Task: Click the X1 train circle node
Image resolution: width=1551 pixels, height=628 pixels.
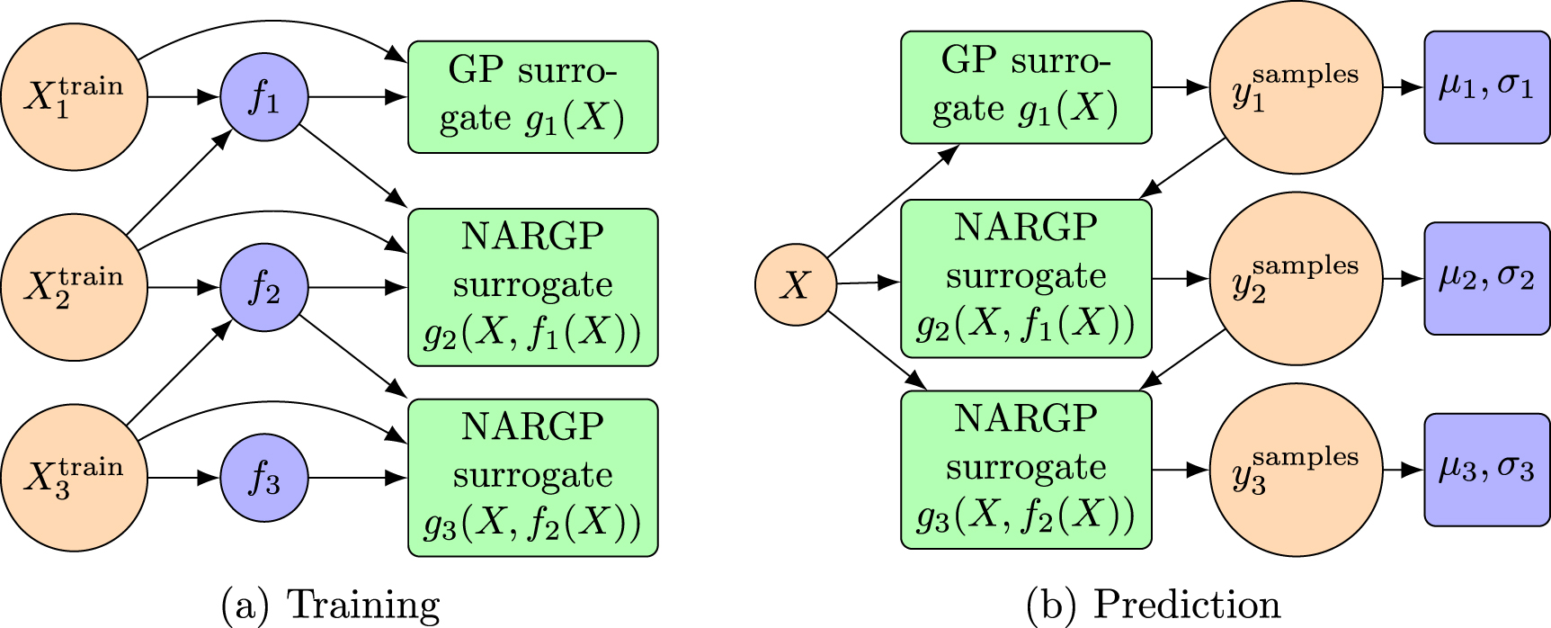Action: coord(74,96)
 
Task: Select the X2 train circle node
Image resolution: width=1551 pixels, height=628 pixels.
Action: coord(74,287)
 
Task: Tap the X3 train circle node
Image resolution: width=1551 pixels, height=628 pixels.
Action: coord(74,478)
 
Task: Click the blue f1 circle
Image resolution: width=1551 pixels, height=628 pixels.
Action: coord(264,96)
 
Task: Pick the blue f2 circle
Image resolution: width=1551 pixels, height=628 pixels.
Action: coord(264,287)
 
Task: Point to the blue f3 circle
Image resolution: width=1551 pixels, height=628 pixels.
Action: coord(264,478)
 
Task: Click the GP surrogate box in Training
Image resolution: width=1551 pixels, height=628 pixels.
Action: coord(533,96)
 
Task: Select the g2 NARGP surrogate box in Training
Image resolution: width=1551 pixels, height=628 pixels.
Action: coord(533,287)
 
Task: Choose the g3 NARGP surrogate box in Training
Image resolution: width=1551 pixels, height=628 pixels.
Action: coord(533,478)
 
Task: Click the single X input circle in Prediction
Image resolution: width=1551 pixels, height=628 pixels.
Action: coord(796,285)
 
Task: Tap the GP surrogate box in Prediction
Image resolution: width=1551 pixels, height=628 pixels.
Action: coord(1026,87)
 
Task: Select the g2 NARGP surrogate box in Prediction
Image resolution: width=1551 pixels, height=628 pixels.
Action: coord(1026,279)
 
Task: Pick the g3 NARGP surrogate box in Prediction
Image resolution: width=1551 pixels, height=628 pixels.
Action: coord(1026,469)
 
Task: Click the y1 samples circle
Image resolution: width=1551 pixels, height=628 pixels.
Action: coord(1296,87)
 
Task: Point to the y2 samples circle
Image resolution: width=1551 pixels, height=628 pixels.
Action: coord(1296,279)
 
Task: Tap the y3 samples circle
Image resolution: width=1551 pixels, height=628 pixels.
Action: coord(1296,469)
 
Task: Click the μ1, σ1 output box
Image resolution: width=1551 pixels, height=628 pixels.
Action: coord(1486,87)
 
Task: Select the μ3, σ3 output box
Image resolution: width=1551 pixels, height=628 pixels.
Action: coord(1486,469)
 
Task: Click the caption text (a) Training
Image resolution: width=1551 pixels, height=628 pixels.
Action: coord(331,606)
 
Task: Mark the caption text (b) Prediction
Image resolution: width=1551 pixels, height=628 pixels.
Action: coord(1154,606)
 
